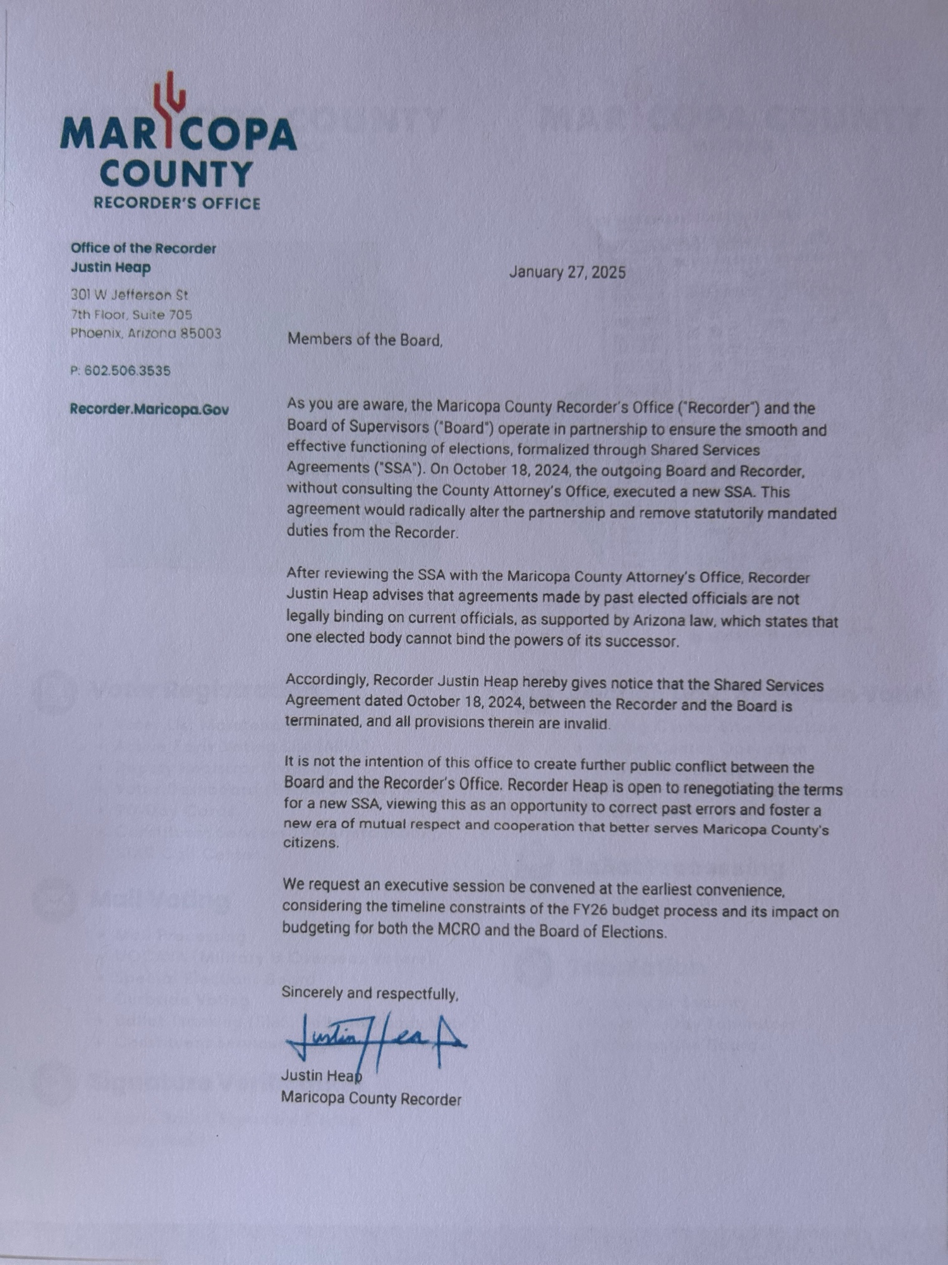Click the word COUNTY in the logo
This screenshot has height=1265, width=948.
[176, 174]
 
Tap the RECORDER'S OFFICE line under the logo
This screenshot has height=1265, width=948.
[177, 204]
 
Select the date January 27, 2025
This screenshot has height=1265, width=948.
[568, 273]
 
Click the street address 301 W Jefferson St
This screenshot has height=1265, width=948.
[129, 295]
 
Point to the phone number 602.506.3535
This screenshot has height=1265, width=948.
[127, 371]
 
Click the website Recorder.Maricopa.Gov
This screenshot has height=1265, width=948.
[149, 409]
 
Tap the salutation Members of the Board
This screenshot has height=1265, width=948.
[365, 340]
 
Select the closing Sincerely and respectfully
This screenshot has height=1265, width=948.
[370, 993]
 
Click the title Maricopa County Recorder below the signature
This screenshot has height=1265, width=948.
[371, 1099]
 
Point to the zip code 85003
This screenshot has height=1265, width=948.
[201, 333]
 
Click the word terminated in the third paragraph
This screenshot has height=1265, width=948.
[322, 722]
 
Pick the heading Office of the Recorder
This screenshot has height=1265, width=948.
[143, 248]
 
